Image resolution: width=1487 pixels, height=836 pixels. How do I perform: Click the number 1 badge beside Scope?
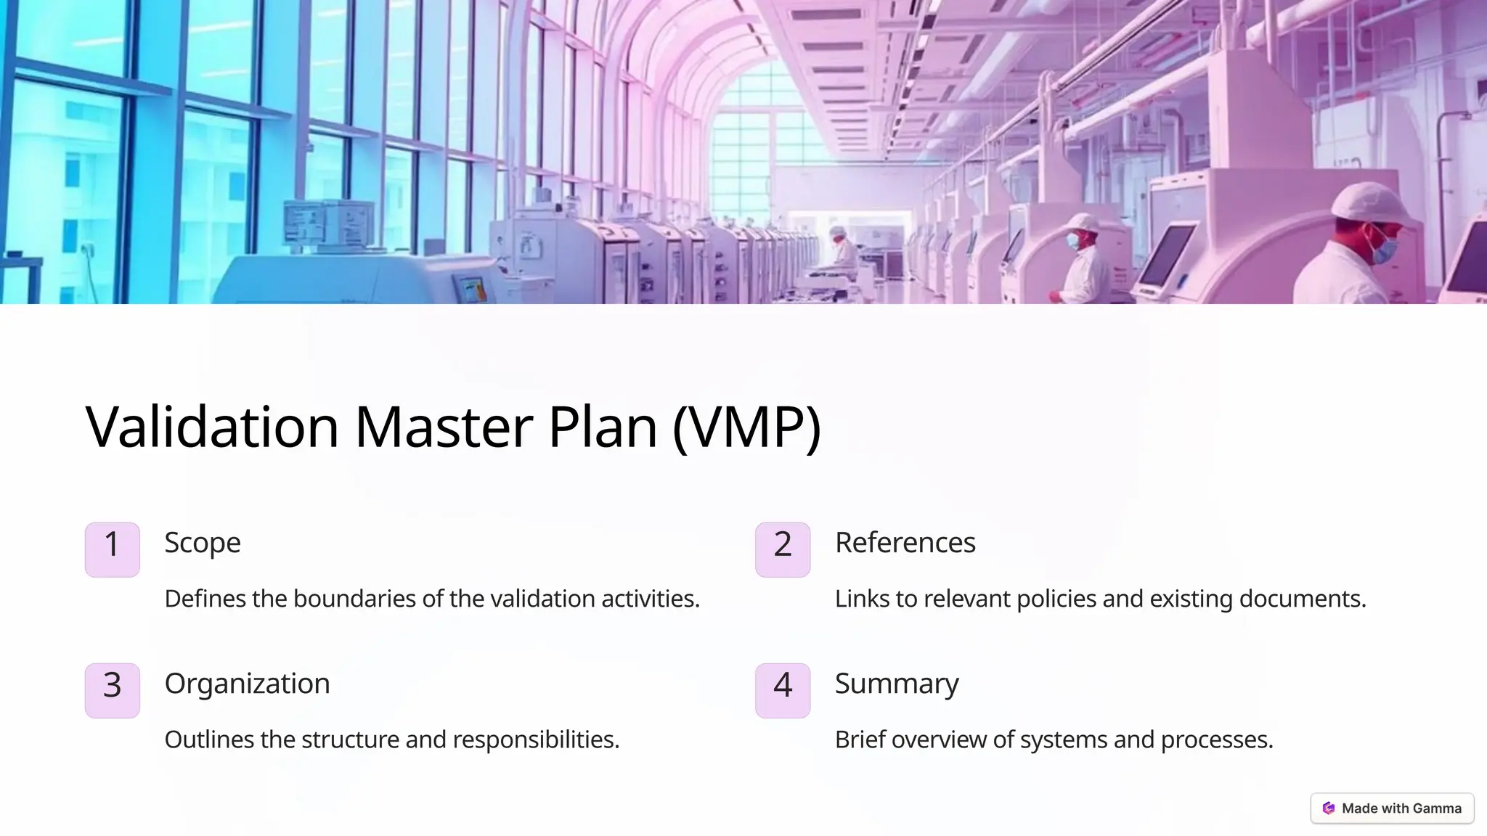[112, 549]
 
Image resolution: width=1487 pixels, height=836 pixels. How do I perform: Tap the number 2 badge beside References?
[782, 549]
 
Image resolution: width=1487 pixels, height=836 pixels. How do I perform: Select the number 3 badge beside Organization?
[112, 690]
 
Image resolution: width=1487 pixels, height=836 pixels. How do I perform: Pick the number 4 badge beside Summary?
[782, 690]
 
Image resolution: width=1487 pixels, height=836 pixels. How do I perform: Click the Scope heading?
[202, 543]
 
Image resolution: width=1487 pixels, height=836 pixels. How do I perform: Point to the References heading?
[905, 543]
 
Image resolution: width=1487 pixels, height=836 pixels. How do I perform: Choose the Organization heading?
[247, 684]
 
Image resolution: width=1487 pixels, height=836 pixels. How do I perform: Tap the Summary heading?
[897, 684]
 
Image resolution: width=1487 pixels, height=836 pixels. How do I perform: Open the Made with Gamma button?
[1391, 808]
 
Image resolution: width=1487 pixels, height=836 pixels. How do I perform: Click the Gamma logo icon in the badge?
[1329, 808]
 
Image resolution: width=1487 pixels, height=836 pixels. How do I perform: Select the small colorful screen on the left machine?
[470, 289]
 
